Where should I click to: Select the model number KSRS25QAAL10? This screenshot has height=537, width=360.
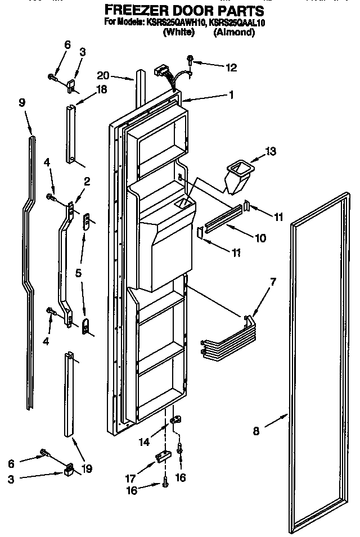pyautogui.click(x=236, y=23)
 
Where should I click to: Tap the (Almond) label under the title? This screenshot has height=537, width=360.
pyautogui.click(x=234, y=33)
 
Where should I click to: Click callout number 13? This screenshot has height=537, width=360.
pyautogui.click(x=271, y=151)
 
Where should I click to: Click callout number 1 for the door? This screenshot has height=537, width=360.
pyautogui.click(x=231, y=95)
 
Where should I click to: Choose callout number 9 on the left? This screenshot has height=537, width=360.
pyautogui.click(x=22, y=102)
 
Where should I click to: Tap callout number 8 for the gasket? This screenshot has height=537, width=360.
pyautogui.click(x=256, y=432)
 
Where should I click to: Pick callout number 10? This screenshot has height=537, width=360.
pyautogui.click(x=260, y=238)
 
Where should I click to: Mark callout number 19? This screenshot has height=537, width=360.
pyautogui.click(x=87, y=467)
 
